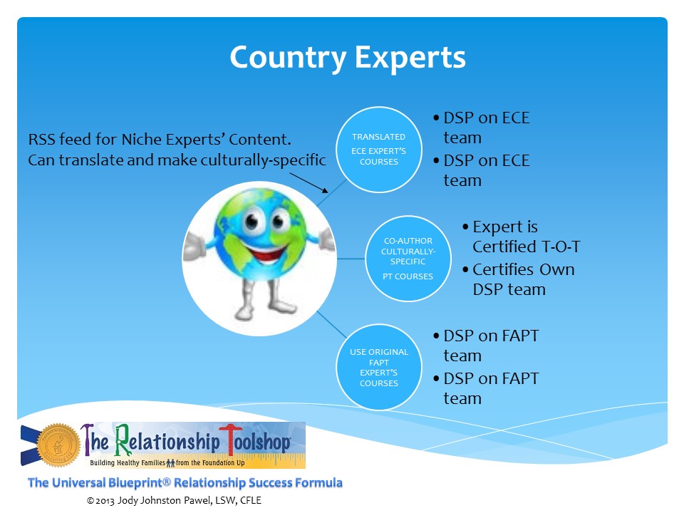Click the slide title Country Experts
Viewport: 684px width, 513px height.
pos(348,58)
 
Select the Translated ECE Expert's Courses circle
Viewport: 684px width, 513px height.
pos(378,149)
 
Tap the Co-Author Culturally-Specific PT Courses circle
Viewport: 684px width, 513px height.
pos(408,258)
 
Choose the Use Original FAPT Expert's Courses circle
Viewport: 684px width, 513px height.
pos(378,367)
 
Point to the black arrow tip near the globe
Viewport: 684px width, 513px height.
pos(327,192)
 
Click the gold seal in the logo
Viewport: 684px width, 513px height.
pos(58,445)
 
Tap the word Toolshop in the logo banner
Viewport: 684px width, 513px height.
pos(255,442)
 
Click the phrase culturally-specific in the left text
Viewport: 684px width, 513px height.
pos(264,160)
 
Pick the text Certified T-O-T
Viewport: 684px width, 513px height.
pos(527,247)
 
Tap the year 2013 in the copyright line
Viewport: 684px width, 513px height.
pos(105,500)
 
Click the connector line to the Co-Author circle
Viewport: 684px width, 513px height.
pos(351,258)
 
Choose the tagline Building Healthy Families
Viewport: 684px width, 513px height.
pos(128,462)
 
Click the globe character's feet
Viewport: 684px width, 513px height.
pos(266,309)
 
